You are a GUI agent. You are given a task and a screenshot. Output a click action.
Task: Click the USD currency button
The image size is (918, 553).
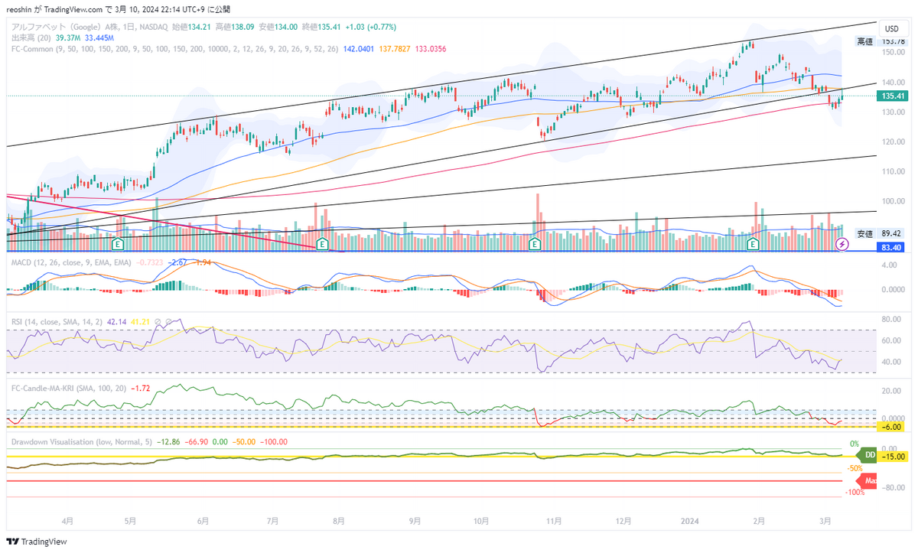click(891, 28)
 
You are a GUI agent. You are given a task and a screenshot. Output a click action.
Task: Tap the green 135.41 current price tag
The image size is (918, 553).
click(893, 96)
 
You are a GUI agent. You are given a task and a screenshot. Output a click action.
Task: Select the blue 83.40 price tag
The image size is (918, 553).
click(891, 247)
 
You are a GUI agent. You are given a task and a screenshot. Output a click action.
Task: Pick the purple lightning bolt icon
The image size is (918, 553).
click(842, 244)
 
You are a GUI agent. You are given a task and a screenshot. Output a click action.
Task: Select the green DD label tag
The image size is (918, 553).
click(869, 456)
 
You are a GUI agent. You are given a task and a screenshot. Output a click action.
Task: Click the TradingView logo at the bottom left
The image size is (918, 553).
click(38, 542)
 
